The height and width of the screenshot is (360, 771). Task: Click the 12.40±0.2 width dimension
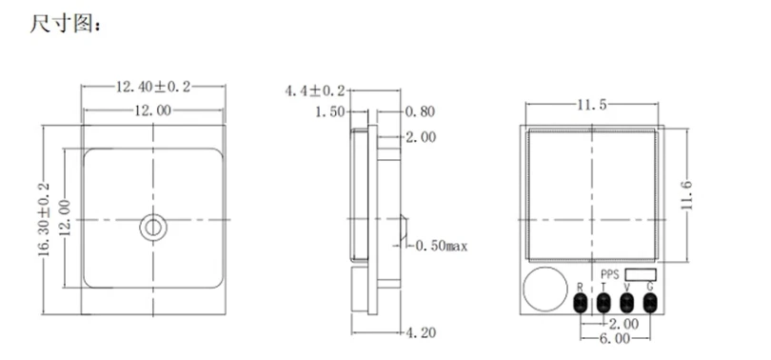point(153,87)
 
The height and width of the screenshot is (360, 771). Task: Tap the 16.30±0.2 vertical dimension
point(44,219)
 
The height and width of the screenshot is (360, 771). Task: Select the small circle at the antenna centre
point(153,228)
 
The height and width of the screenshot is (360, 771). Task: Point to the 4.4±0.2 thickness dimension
point(315,91)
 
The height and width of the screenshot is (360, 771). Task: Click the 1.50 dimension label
point(330,112)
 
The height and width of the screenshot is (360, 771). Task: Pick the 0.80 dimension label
point(421,112)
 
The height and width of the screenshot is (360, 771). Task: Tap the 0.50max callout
point(441,246)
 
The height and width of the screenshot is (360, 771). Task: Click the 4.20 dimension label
point(421,333)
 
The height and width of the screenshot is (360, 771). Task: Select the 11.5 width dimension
point(592,105)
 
